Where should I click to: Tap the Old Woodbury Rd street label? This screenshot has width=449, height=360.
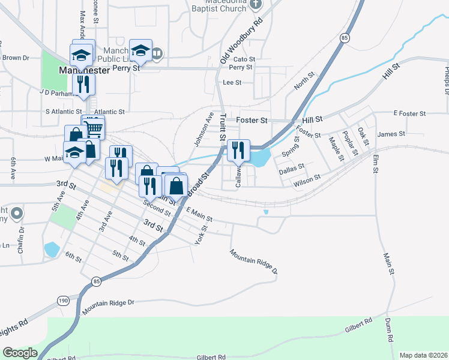(x=242, y=40)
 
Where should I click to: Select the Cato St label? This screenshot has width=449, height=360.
(x=244, y=59)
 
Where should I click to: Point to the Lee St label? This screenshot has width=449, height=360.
(x=232, y=83)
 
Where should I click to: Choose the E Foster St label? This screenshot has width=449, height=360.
(x=409, y=113)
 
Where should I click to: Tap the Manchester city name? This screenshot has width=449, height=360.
(x=85, y=70)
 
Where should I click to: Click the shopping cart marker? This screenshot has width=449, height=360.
(x=93, y=128)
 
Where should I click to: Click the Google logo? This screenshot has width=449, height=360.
(x=20, y=353)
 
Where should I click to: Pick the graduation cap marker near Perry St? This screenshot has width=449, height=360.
(x=140, y=52)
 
